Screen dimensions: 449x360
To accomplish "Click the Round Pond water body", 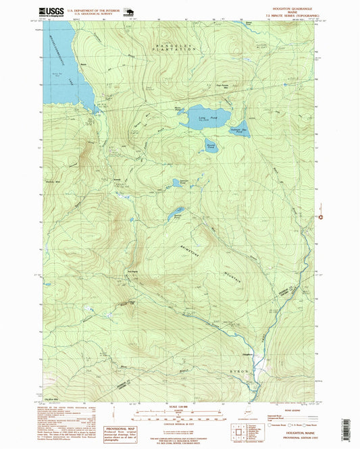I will pyautogui.click(x=211, y=145).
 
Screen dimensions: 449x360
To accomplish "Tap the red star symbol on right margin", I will pyautogui.click(x=320, y=217).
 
